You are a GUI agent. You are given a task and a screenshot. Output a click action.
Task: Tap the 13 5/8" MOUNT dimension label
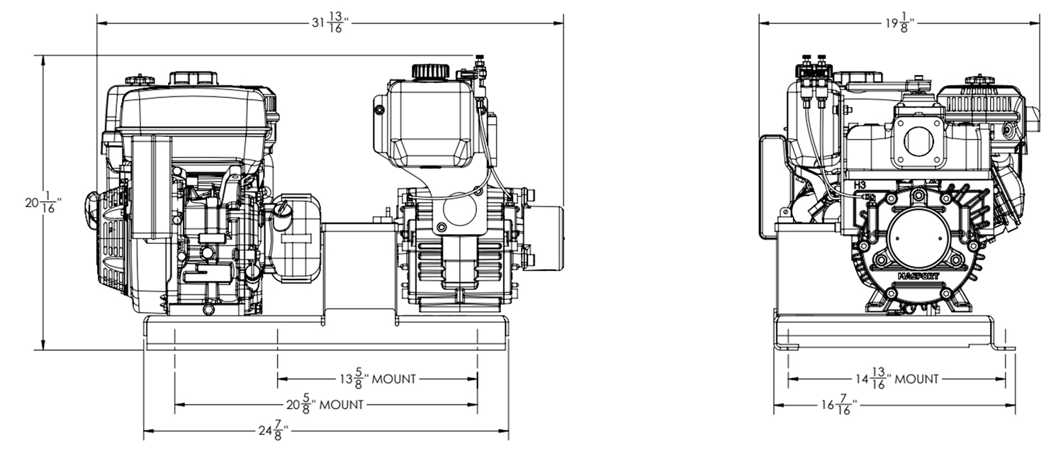click(377, 379)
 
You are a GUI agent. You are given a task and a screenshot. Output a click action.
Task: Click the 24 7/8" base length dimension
click(271, 430)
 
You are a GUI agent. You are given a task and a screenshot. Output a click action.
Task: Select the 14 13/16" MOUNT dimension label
click(896, 379)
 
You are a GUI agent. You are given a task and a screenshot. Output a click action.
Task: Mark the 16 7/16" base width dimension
click(839, 406)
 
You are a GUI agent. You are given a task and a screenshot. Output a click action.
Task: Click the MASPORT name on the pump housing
click(918, 275)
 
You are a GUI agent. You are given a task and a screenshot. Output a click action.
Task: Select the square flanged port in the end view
click(919, 143)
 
